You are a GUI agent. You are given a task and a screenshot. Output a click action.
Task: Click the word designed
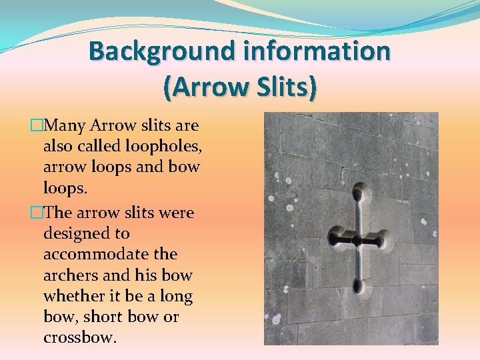(87, 233)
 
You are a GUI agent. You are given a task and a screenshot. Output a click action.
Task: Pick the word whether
(74, 295)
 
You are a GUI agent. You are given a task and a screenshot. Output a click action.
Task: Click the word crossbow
(80, 337)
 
